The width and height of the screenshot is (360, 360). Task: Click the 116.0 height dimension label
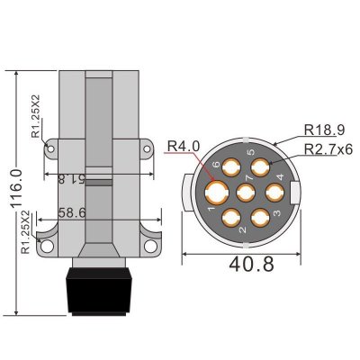16,189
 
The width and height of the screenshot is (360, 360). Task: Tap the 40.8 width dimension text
251,264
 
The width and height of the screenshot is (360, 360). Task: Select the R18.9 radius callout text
325,130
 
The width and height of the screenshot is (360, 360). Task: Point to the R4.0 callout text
183,147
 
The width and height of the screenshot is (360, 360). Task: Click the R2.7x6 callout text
328,149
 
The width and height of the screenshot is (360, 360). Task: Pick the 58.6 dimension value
72,212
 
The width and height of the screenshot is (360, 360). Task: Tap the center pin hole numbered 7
246,193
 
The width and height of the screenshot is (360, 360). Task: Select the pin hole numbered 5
260,167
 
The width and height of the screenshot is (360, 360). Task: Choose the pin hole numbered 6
231,167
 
